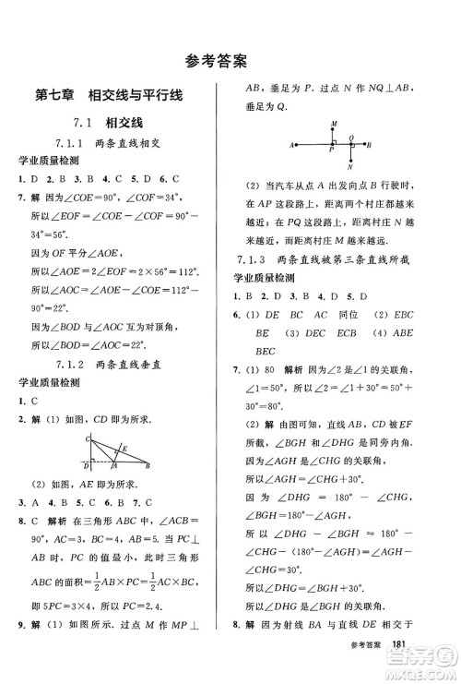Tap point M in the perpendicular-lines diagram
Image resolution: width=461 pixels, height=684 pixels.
pyautogui.click(x=332, y=124)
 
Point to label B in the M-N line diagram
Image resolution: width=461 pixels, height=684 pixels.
pyautogui.click(x=369, y=145)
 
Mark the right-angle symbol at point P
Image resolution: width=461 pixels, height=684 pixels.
pyautogui.click(x=334, y=142)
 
